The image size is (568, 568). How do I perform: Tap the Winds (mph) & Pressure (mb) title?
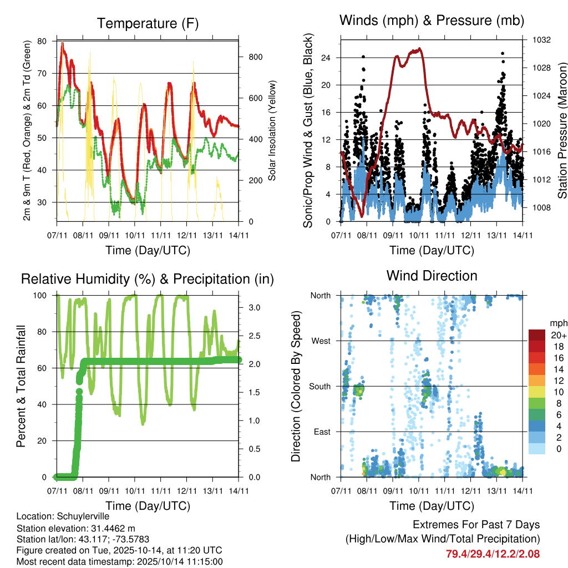(x=432, y=21)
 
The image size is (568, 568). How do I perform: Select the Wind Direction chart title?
(x=432, y=276)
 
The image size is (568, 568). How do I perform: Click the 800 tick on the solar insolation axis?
(x=255, y=57)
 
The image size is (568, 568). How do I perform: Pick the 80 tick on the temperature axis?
(x=43, y=41)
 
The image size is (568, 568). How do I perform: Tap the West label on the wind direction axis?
(x=321, y=341)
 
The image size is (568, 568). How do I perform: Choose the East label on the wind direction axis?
(x=322, y=432)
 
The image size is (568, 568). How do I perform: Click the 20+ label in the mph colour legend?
(x=557, y=335)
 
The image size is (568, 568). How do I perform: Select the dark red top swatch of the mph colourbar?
(x=538, y=335)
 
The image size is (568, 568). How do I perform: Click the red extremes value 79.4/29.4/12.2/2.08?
(x=493, y=554)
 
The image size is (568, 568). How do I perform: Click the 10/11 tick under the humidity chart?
(x=135, y=490)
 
